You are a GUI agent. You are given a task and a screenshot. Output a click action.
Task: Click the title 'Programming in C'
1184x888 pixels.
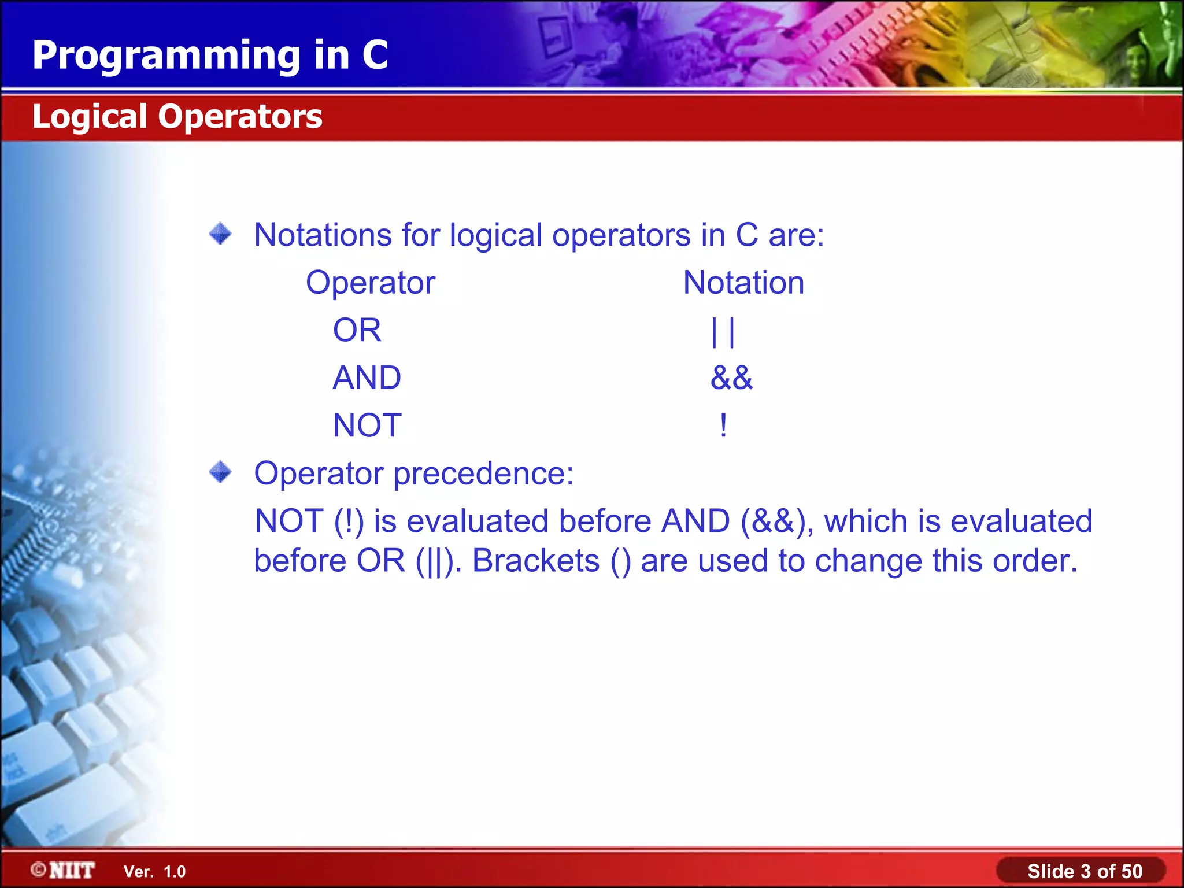pos(210,55)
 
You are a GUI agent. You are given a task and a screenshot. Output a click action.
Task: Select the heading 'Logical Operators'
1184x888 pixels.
pos(177,116)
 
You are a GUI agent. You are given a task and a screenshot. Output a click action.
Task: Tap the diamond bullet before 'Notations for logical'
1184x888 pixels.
pos(220,234)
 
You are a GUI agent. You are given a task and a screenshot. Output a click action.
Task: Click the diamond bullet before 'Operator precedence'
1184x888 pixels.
pos(220,472)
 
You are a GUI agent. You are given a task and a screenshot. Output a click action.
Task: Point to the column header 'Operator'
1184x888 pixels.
pos(370,283)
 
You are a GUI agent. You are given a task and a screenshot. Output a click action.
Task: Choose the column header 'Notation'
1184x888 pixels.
pos(743,283)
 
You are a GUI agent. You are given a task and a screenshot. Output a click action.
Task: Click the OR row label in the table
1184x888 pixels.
pos(357,330)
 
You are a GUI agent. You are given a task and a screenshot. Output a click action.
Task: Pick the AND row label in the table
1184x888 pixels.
pos(367,378)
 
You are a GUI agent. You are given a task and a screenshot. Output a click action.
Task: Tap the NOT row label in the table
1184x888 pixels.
pos(367,425)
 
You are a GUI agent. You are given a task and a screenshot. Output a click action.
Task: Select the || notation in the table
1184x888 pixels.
pos(723,332)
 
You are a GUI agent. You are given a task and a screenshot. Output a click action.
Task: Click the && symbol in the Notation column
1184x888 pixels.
pos(731,378)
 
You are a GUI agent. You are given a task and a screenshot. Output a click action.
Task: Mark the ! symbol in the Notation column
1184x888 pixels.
pos(723,425)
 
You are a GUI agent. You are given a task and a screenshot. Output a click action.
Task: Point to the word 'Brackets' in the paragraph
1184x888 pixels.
pos(536,560)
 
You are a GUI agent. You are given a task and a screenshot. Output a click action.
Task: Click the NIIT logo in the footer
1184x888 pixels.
pos(63,870)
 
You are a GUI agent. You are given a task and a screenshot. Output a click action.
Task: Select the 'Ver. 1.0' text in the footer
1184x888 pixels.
pos(154,871)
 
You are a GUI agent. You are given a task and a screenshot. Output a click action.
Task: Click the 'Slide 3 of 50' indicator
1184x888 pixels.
pos(1085,871)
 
